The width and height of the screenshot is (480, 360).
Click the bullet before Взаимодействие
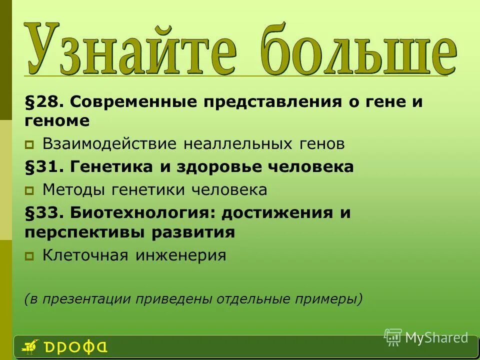[x=29, y=145]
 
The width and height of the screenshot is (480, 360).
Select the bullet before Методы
[x=29, y=190]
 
